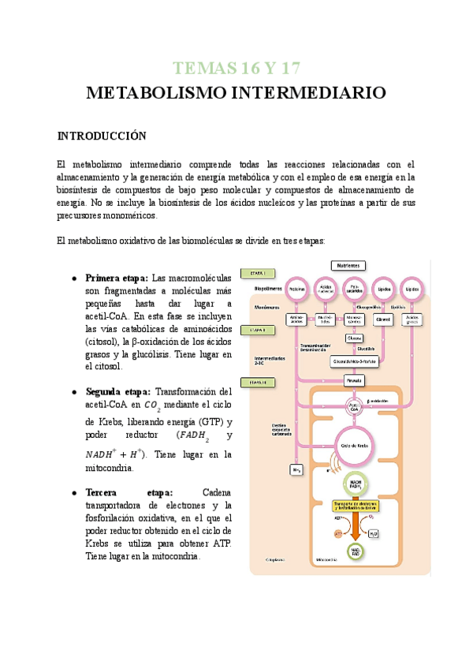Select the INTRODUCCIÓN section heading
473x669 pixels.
[x=102, y=136]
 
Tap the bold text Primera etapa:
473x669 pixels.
[x=117, y=278]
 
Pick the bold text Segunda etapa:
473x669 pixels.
[x=118, y=391]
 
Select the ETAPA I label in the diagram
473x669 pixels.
[x=263, y=273]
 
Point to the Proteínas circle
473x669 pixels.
[x=297, y=290]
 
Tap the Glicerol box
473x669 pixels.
[x=384, y=320]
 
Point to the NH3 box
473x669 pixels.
[x=296, y=470]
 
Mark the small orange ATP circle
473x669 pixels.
[x=337, y=534]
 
